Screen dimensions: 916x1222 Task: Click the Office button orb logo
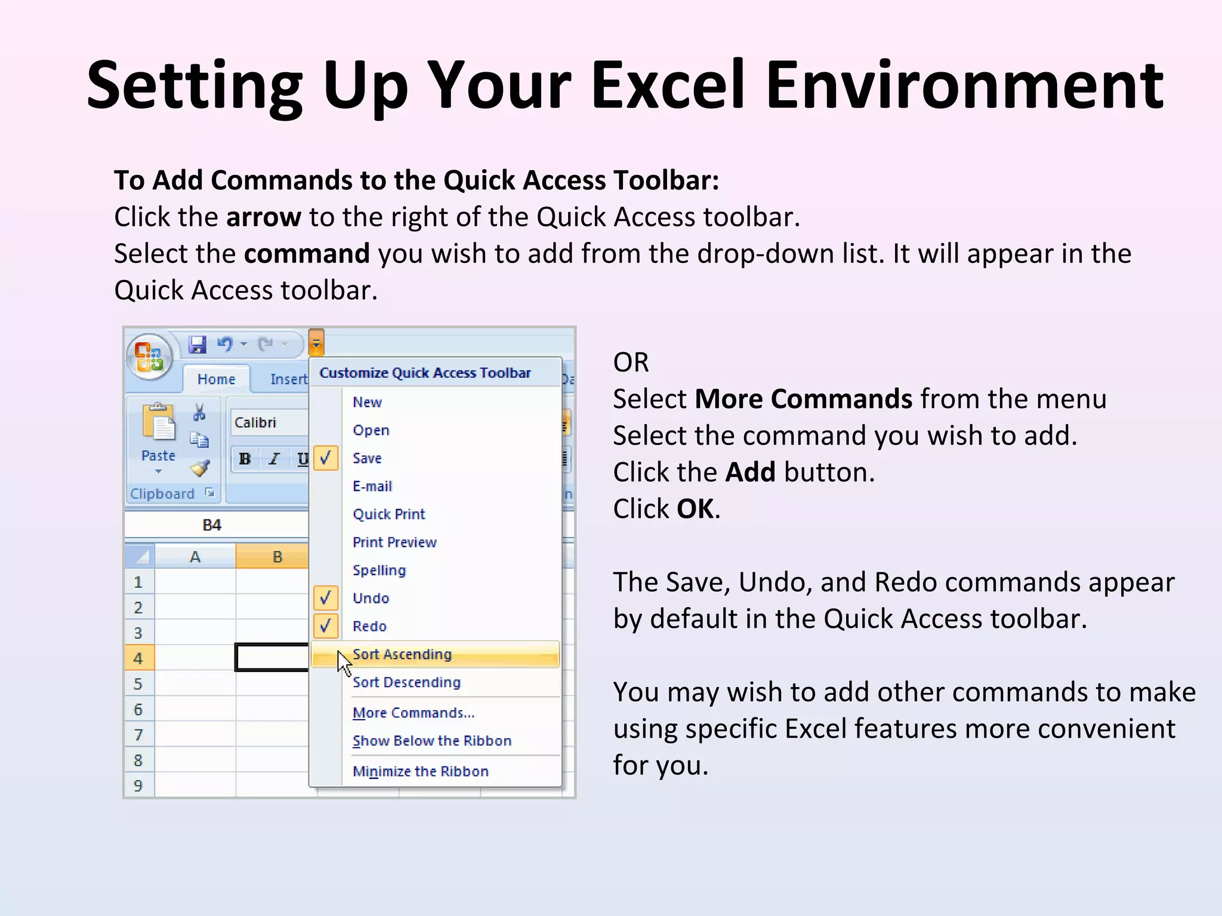[x=149, y=357]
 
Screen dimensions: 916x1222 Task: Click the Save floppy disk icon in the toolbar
[x=197, y=344]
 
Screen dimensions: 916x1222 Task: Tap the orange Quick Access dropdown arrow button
[x=316, y=343]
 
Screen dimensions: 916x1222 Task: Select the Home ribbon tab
[x=216, y=379]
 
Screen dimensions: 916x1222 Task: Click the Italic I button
[x=274, y=459]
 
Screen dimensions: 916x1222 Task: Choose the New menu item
[x=367, y=402]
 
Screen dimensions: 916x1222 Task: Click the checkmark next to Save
[x=326, y=458]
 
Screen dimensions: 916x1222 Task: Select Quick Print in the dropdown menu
[x=388, y=514]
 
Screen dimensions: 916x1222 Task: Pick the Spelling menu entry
[x=379, y=570]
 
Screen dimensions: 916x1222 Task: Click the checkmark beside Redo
[x=326, y=626]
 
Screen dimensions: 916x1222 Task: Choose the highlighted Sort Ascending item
[x=402, y=654]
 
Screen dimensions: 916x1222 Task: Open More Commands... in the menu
[x=413, y=713]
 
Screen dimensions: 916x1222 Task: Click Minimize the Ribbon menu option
[x=420, y=771]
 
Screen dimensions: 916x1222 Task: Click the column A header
[x=195, y=556]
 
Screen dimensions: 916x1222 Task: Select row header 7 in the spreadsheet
[x=138, y=735]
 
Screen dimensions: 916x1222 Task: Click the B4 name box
[x=212, y=525]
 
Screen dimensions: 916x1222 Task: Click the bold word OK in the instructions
[x=695, y=509]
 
